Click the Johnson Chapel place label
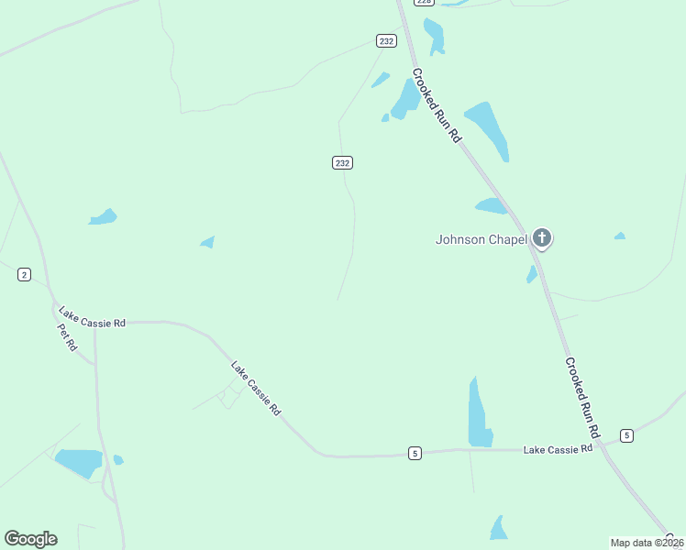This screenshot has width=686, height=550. click(481, 240)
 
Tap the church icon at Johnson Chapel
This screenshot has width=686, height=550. click(542, 239)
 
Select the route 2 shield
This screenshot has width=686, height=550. click(24, 274)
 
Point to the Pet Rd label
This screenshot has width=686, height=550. click(67, 337)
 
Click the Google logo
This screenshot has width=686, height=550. click(30, 539)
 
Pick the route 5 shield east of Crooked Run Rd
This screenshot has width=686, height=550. click(626, 434)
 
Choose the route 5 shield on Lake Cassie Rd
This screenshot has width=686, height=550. click(415, 453)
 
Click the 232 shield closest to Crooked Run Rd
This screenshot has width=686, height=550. click(386, 40)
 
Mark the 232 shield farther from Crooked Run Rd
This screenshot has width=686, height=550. click(342, 162)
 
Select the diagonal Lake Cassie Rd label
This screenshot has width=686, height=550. click(256, 388)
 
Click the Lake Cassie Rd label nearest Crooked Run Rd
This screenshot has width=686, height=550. click(558, 449)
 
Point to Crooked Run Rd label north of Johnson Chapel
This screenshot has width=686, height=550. click(437, 104)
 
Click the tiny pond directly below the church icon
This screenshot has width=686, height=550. click(532, 274)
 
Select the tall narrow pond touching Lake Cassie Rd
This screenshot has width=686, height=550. click(479, 414)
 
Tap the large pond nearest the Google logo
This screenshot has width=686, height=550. click(79, 462)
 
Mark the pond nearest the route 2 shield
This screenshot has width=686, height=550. click(103, 217)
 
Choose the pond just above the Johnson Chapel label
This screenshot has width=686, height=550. click(491, 206)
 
